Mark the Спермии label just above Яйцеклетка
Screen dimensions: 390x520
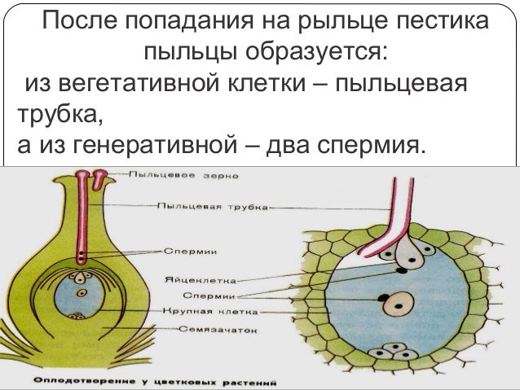(190, 251)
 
